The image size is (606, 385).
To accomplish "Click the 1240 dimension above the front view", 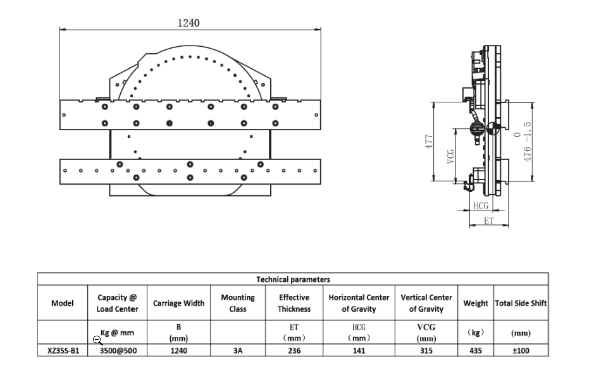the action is (x=189, y=23).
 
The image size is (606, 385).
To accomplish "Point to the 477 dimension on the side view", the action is (x=429, y=142).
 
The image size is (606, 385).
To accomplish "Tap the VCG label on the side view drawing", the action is (x=450, y=156).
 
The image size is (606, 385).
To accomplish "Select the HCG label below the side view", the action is (x=481, y=206).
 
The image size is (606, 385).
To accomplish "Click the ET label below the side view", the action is (x=489, y=221).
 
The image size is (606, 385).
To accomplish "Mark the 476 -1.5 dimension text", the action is (x=527, y=142).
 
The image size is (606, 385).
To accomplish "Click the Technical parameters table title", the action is (x=293, y=279).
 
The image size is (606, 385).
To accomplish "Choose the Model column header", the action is (x=62, y=303).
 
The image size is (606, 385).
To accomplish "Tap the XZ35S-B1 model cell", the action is (x=63, y=351).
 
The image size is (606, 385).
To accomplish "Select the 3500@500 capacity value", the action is (x=118, y=351).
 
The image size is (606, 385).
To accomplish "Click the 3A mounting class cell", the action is (x=238, y=351).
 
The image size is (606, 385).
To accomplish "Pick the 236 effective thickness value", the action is (x=294, y=351).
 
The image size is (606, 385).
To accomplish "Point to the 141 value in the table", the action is (x=359, y=351).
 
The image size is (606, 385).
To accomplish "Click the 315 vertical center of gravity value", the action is (x=426, y=351).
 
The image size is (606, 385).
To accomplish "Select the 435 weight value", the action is (x=475, y=351).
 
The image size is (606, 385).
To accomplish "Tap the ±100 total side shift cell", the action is (x=521, y=351).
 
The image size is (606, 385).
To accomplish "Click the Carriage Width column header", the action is (x=178, y=303).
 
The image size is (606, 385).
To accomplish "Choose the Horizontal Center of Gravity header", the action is (x=359, y=303).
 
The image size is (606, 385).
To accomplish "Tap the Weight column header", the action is (x=475, y=303).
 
